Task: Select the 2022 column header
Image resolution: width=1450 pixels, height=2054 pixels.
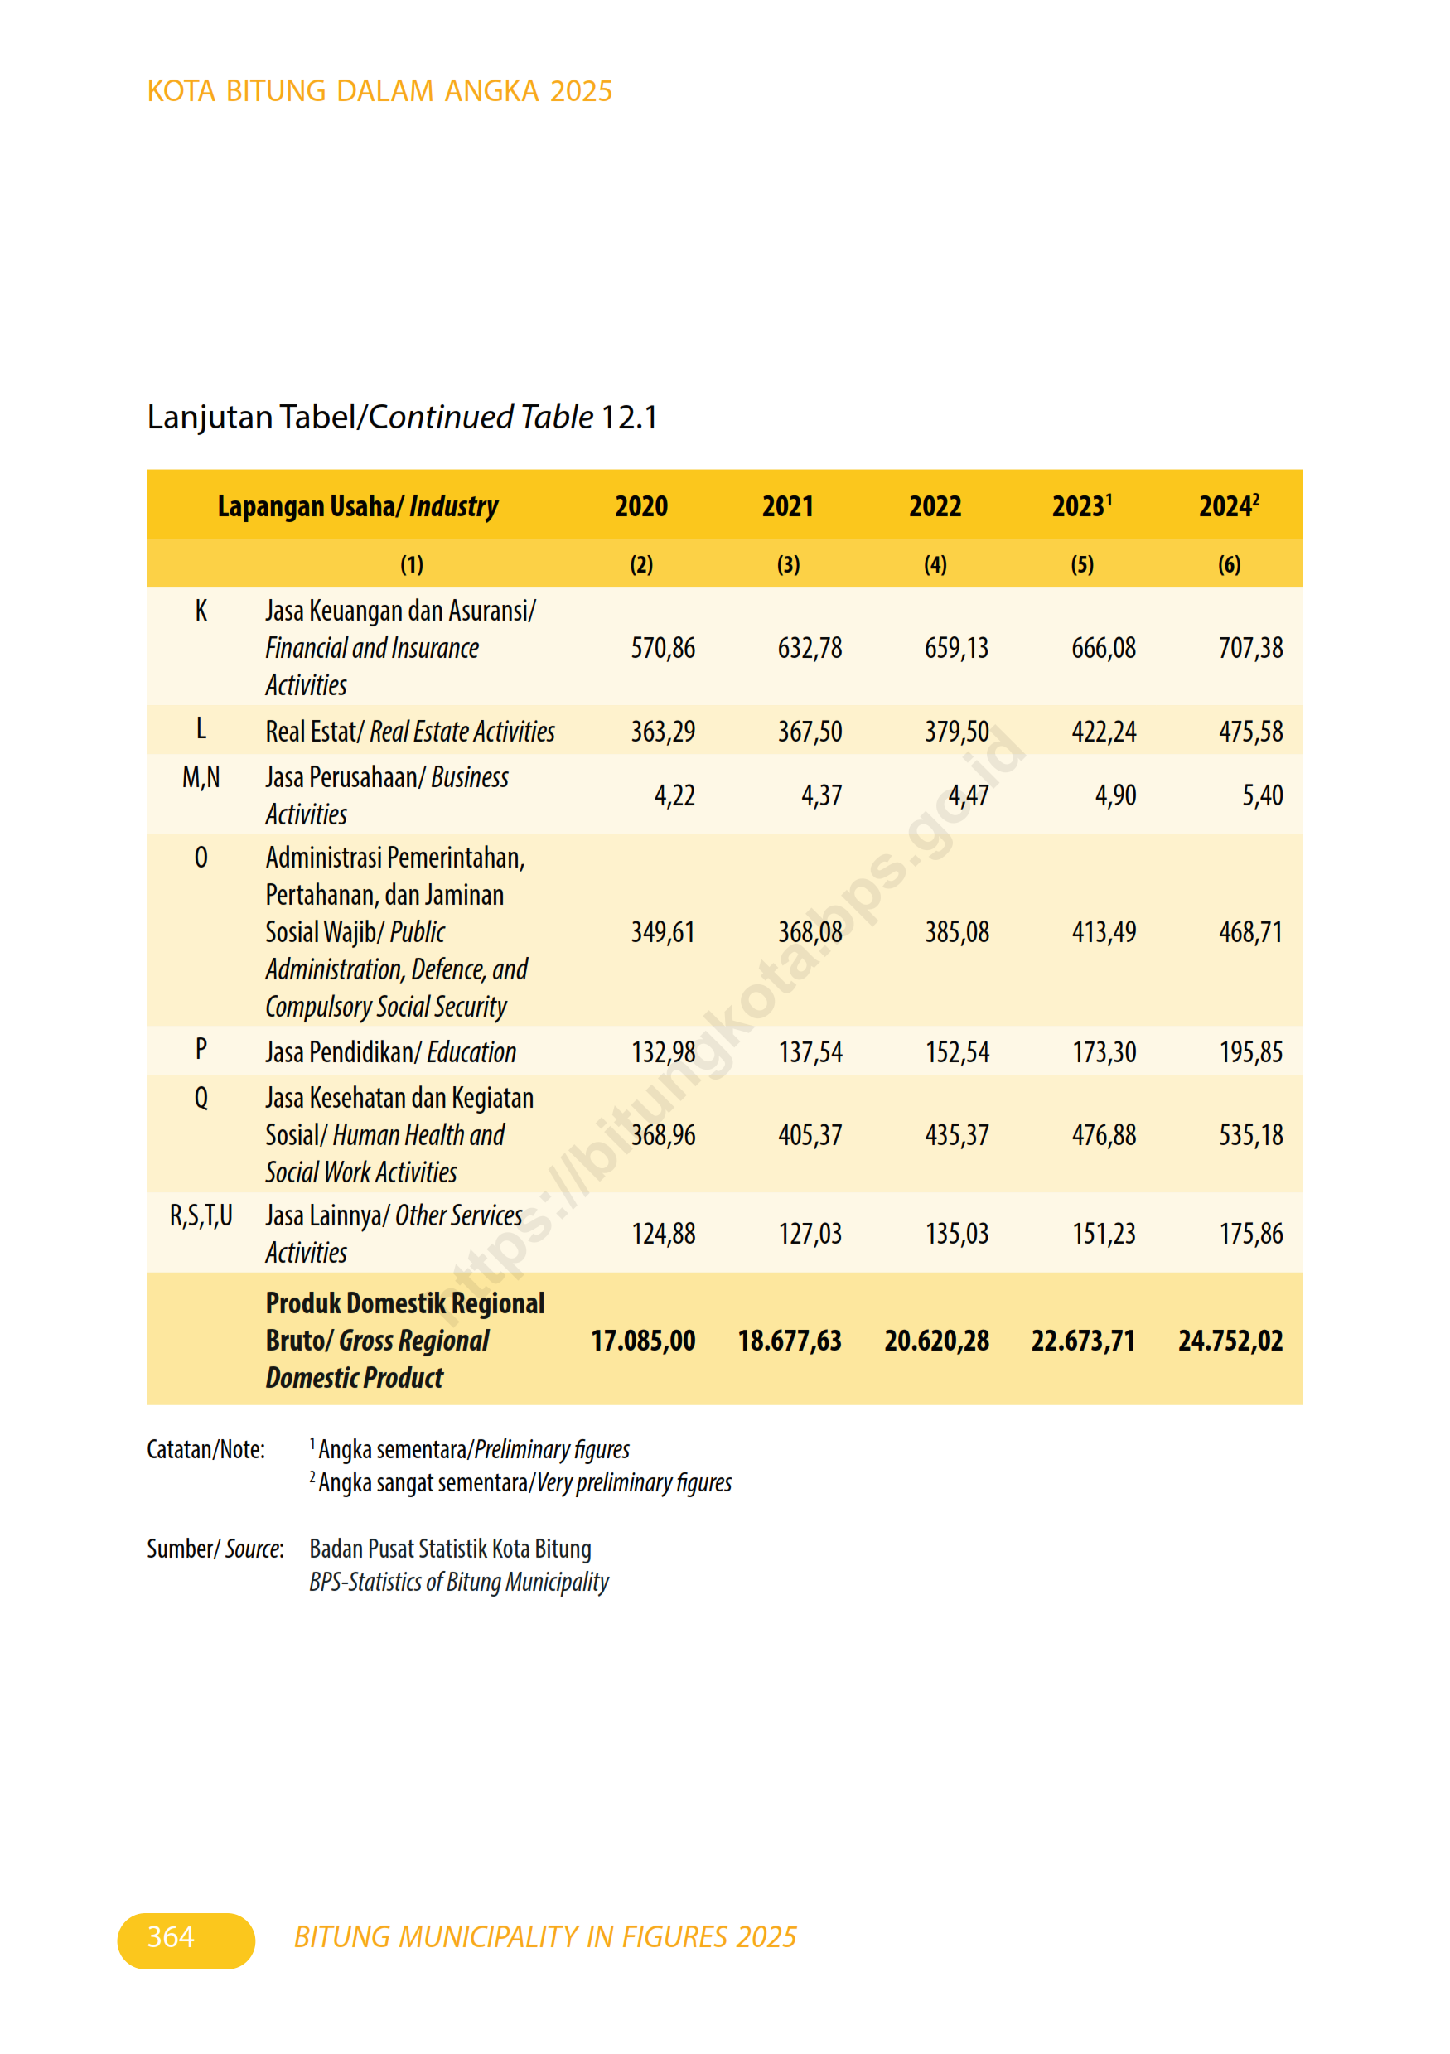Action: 935,506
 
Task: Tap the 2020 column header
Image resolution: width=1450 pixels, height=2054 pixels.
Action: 640,506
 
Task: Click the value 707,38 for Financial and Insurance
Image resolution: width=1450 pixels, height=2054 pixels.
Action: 1249,648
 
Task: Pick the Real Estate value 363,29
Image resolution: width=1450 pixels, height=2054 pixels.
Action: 662,732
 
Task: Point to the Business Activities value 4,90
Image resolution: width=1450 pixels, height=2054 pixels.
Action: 1114,795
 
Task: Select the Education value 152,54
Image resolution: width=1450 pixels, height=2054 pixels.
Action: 956,1052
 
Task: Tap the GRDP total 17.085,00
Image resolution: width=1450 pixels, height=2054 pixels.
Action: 642,1340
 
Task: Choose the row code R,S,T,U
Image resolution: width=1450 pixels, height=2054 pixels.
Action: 201,1215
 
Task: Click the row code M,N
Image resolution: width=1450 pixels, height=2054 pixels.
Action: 201,777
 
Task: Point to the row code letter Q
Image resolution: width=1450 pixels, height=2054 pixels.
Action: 201,1098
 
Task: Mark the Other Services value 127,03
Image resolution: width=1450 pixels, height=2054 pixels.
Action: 810,1234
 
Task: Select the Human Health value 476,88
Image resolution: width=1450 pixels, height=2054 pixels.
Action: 1103,1135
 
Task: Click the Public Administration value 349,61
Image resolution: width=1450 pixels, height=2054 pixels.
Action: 662,932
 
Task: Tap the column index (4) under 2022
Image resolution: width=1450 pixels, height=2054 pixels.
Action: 935,564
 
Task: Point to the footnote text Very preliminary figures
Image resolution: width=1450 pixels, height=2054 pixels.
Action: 633,1483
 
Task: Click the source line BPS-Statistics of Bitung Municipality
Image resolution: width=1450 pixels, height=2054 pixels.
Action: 458,1582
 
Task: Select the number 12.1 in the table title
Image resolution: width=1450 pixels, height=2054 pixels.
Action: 629,417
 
